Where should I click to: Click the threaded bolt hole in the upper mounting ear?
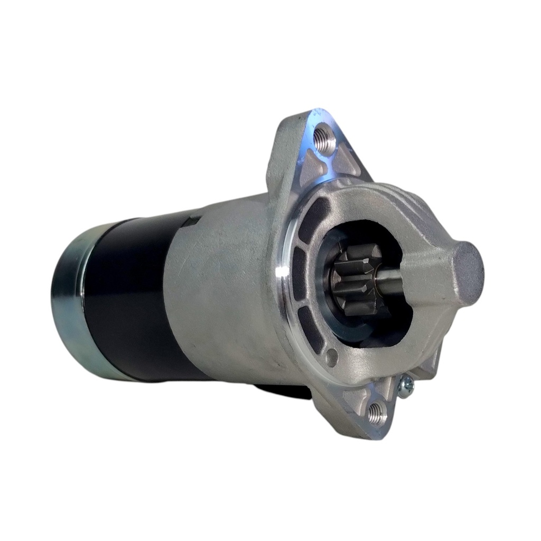coord(323,138)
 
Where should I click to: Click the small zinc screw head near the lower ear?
coord(406,387)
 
